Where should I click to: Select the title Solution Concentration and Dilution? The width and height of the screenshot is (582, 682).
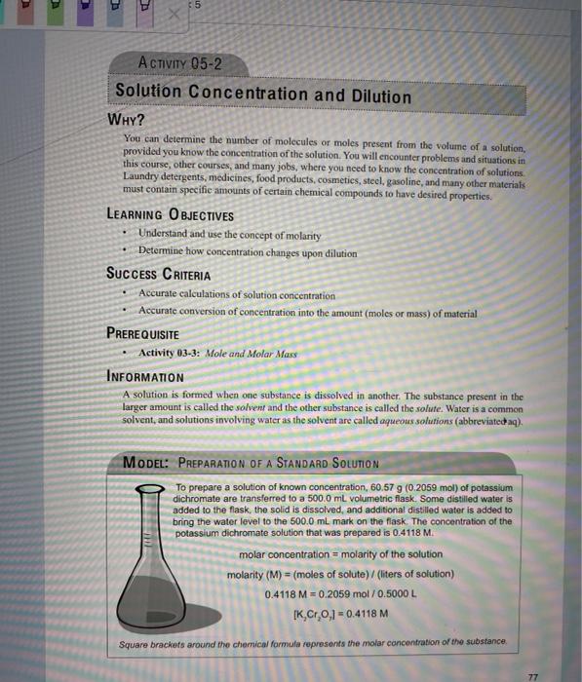click(263, 95)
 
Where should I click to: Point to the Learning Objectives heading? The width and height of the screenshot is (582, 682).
click(170, 215)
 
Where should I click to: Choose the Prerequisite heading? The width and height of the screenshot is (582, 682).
click(149, 331)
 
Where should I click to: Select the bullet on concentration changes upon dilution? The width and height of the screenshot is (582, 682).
click(247, 252)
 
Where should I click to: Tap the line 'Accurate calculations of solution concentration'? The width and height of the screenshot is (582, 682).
click(237, 294)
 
